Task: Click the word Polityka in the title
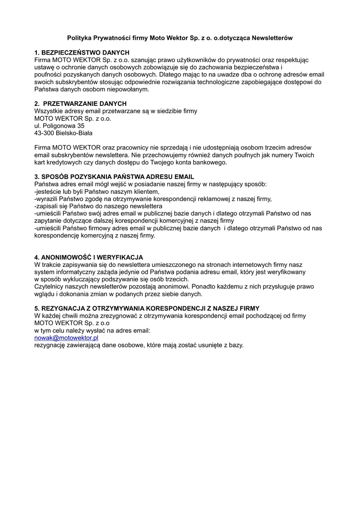81,38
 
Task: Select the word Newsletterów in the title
272,38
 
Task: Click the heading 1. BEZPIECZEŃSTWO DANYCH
82,53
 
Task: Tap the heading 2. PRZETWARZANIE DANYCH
80,104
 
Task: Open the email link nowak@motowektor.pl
66,338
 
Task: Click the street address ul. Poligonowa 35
59,126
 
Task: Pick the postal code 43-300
44,133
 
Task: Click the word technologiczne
223,82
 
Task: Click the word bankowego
204,163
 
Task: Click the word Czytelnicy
50,287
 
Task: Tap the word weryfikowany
285,272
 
